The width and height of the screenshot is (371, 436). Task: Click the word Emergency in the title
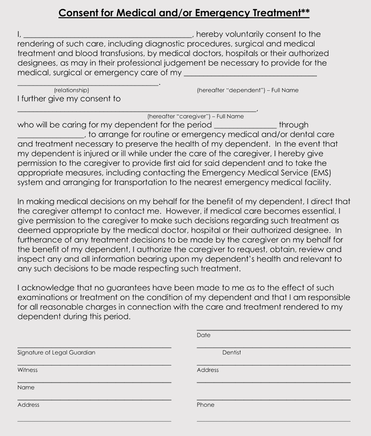pyautogui.click(x=213, y=13)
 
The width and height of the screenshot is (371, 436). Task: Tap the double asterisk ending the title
pyautogui.click(x=304, y=11)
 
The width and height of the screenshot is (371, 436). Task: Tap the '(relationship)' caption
pyautogui.click(x=71, y=90)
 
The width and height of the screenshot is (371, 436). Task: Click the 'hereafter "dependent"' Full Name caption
pyautogui.click(x=247, y=90)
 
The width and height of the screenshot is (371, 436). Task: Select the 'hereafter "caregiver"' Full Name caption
pyautogui.click(x=195, y=117)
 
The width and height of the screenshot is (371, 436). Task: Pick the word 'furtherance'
pyautogui.click(x=42, y=239)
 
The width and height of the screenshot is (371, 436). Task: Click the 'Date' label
pyautogui.click(x=203, y=335)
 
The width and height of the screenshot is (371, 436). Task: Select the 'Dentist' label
pyautogui.click(x=232, y=353)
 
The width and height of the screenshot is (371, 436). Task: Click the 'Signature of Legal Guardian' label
pyautogui.click(x=56, y=353)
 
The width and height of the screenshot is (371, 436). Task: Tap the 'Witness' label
pyautogui.click(x=27, y=370)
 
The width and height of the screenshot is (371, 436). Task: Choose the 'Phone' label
pyautogui.click(x=205, y=405)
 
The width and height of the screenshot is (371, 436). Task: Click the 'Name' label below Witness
pyautogui.click(x=26, y=388)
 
